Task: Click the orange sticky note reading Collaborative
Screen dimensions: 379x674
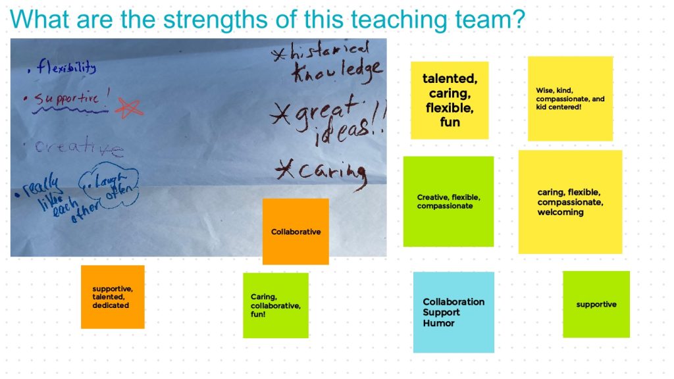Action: point(296,232)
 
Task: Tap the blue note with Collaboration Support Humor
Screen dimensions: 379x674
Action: point(454,312)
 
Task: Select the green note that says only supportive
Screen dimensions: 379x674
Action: point(596,304)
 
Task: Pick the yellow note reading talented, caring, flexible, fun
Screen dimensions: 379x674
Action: point(450,100)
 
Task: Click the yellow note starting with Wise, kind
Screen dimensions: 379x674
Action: point(570,99)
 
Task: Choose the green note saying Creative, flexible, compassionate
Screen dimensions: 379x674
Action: point(448,201)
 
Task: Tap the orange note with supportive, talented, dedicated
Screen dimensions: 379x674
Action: point(113,297)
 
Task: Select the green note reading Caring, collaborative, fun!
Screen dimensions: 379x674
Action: point(275,305)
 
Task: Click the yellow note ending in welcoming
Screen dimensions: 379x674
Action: point(570,202)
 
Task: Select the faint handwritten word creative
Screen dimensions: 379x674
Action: point(79,148)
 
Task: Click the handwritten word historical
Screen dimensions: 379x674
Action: point(329,52)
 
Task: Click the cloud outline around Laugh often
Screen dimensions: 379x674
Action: point(109,186)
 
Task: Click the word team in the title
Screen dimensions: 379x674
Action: point(477,20)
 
